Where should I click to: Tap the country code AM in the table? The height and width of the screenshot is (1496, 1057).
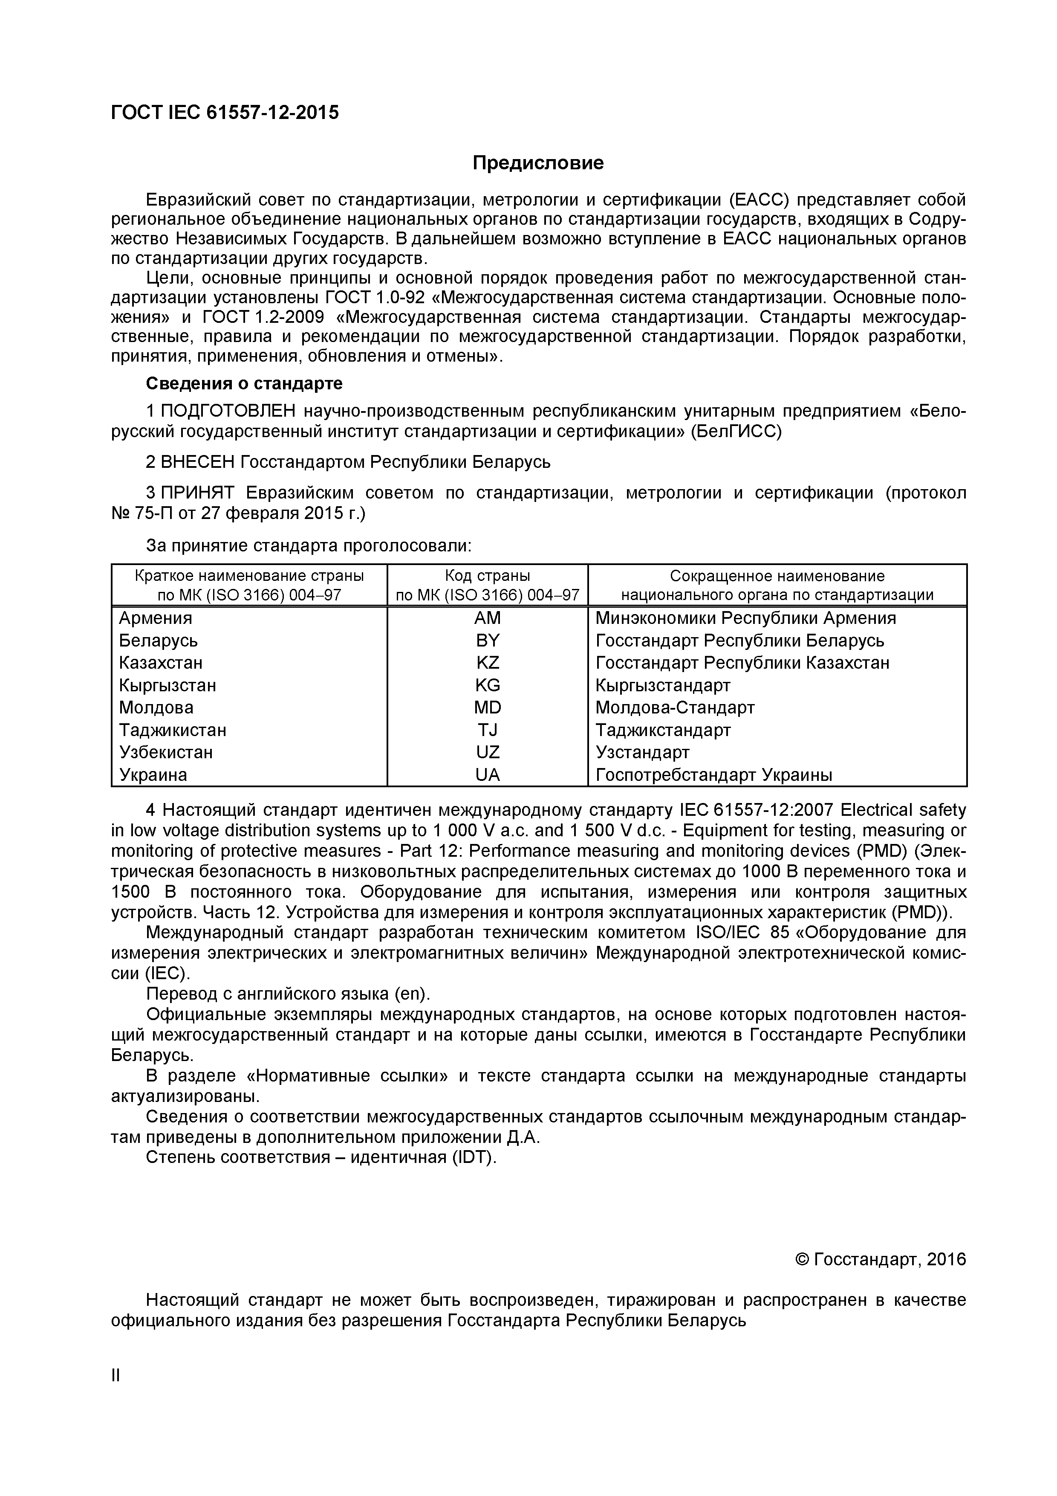487,618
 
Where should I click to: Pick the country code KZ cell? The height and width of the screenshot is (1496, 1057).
487,663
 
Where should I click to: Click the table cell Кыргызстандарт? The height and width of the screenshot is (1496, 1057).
662,685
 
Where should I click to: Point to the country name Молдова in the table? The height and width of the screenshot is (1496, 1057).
156,707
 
